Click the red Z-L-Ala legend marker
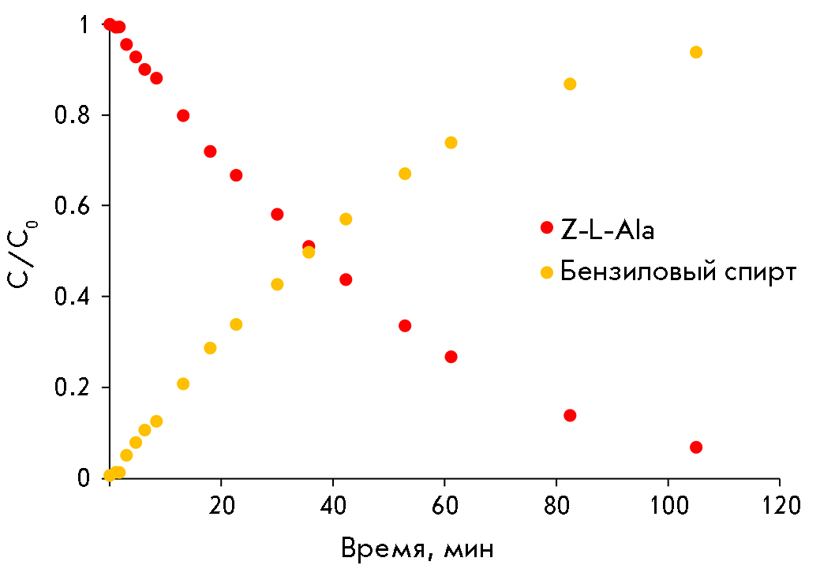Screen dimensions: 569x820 click(x=547, y=227)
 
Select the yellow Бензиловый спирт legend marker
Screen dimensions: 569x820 click(x=547, y=272)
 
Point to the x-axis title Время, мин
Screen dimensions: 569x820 click(x=417, y=548)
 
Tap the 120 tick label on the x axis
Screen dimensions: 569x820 click(x=780, y=504)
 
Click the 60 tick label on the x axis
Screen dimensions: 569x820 click(x=445, y=504)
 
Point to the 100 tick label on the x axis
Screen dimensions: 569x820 click(x=668, y=504)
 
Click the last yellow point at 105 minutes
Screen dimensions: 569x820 click(x=696, y=52)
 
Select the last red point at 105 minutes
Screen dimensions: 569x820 click(x=696, y=447)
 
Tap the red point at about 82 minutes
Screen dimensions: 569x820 click(x=570, y=415)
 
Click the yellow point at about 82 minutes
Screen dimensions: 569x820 click(x=570, y=84)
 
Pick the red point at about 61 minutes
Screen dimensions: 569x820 click(x=451, y=357)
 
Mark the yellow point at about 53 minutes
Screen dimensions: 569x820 click(x=405, y=174)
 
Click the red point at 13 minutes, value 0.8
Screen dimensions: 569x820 click(x=183, y=115)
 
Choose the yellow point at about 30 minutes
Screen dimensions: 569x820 click(x=277, y=284)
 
